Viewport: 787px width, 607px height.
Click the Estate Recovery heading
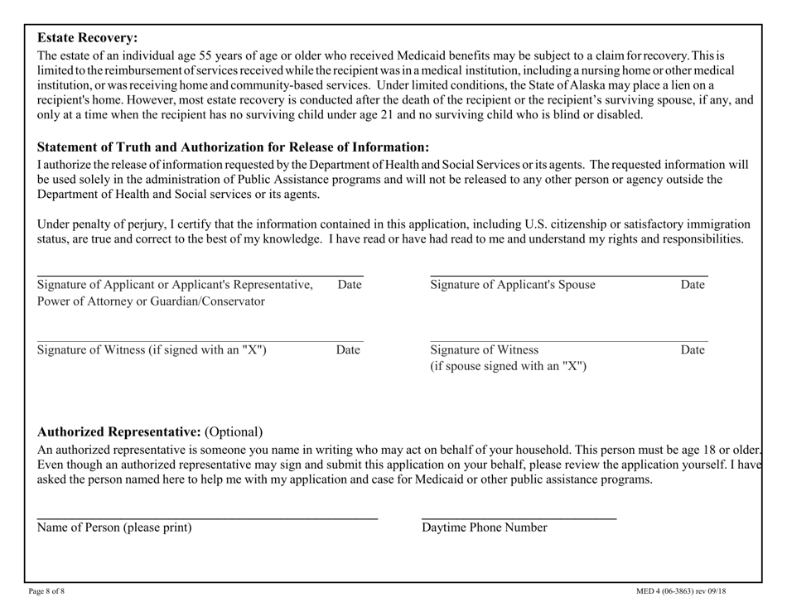point(88,37)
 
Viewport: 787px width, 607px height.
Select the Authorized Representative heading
point(119,431)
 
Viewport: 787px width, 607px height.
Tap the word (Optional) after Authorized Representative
point(234,431)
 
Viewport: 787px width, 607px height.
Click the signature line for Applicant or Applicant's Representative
point(199,275)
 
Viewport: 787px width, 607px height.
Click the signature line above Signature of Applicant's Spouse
point(568,275)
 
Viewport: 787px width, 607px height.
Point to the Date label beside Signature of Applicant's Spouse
point(692,285)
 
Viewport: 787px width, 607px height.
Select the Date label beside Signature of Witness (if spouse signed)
point(692,349)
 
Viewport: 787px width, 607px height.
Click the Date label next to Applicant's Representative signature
point(350,285)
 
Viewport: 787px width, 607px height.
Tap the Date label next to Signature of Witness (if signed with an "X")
point(348,349)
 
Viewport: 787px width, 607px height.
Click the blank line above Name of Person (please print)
point(207,518)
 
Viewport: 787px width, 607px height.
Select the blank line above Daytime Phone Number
point(519,518)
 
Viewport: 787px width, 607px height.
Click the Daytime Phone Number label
point(485,528)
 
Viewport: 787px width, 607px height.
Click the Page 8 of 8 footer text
point(52,590)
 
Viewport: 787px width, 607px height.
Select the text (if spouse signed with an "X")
point(508,365)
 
